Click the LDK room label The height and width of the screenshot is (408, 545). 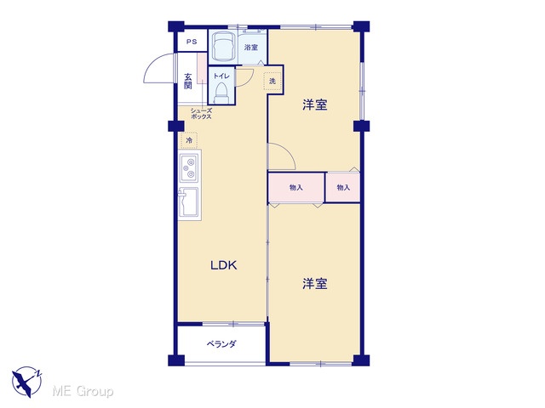[223, 265]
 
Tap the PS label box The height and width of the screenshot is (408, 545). [192, 42]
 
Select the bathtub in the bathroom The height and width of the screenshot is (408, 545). [223, 46]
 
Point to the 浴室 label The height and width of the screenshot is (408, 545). [251, 48]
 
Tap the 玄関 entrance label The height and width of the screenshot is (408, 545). [188, 82]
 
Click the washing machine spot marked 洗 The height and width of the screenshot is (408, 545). [272, 82]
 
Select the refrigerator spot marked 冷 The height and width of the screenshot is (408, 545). [189, 140]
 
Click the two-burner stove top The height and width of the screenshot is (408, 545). [189, 168]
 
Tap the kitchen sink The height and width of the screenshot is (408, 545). [188, 202]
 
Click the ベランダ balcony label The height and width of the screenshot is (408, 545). [221, 343]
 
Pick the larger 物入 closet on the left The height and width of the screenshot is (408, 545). [296, 187]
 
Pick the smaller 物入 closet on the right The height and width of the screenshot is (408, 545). [343, 187]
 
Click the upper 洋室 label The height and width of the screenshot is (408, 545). [314, 105]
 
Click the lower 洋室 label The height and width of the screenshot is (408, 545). [314, 283]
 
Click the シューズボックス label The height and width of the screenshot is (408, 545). [201, 113]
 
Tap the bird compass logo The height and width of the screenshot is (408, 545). [27, 382]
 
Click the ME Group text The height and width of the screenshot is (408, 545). [83, 391]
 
